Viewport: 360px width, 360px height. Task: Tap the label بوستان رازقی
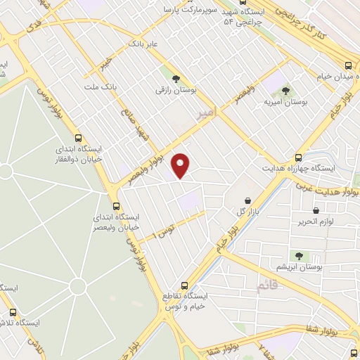pos(175,91)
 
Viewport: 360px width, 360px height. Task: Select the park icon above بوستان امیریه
pos(285,91)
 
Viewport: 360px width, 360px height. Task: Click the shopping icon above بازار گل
pos(247,200)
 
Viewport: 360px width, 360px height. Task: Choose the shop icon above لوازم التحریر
pos(316,210)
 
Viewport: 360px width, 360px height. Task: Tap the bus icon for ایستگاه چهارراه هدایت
pos(299,158)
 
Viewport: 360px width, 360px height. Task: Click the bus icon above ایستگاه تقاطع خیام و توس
pos(185,285)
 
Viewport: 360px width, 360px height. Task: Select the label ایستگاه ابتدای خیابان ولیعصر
pos(117,221)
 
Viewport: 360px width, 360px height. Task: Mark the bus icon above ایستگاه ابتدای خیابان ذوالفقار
pos(78,139)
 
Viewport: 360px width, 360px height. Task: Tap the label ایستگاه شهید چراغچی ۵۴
pos(243,18)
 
